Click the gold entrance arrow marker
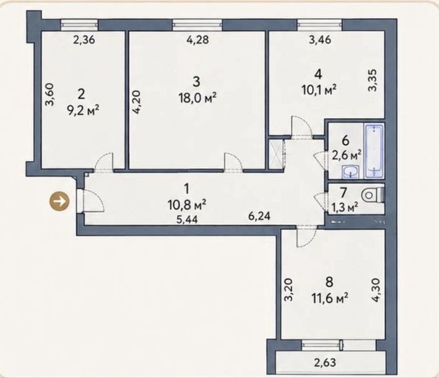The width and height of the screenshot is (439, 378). (x=59, y=201)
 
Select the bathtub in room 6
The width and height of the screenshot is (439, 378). (x=374, y=151)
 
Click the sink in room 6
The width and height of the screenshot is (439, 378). (x=350, y=171)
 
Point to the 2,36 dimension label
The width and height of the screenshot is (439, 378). (x=84, y=40)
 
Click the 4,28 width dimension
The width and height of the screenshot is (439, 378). (x=198, y=39)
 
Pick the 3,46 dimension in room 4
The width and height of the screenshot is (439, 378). (x=320, y=39)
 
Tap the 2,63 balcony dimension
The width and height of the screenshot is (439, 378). (x=325, y=362)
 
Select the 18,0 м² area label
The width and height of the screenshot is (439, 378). (x=198, y=98)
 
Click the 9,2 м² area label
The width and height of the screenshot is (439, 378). (x=83, y=110)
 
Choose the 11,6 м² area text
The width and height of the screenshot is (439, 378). (x=330, y=299)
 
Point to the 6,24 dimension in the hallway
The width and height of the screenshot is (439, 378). (x=260, y=216)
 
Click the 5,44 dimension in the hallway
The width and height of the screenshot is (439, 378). (x=187, y=219)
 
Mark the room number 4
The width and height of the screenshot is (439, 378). (x=319, y=75)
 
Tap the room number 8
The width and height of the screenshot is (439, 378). (x=329, y=282)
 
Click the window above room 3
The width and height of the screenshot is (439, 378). (x=198, y=25)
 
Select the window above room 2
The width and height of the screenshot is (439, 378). (x=79, y=25)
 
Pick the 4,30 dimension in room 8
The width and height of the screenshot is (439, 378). (x=376, y=290)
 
